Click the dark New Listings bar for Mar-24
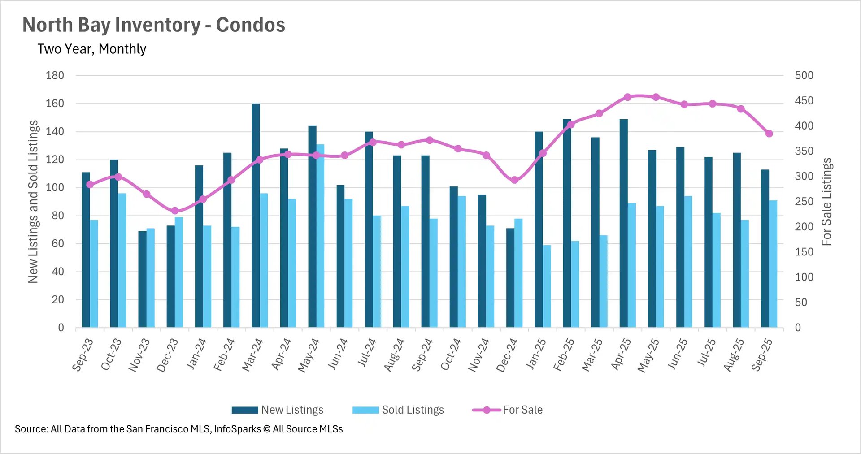click(x=256, y=215)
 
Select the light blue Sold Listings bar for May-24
click(x=320, y=235)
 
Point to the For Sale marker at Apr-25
click(x=627, y=97)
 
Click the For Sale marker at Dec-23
click(x=175, y=211)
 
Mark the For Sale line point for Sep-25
click(x=769, y=134)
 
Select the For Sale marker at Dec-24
click(x=514, y=180)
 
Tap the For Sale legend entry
click(x=508, y=410)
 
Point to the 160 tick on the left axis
click(x=55, y=104)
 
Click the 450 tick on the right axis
click(x=804, y=101)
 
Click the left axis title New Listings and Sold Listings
click(x=33, y=202)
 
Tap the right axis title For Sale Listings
click(x=826, y=202)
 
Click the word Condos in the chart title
click(x=250, y=25)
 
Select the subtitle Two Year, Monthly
click(x=91, y=49)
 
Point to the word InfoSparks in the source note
click(x=237, y=429)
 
